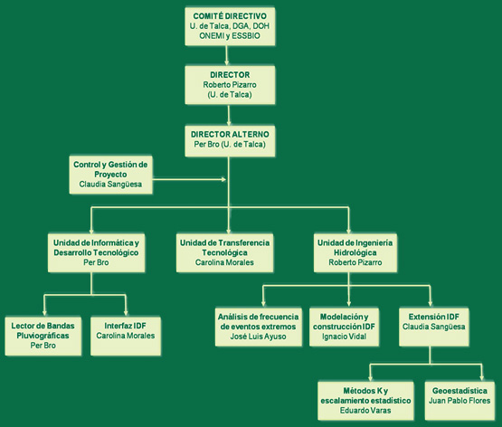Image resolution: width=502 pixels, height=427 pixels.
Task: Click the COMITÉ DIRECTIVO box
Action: pos(230,26)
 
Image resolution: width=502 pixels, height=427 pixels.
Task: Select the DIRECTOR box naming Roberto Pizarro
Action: pos(230,85)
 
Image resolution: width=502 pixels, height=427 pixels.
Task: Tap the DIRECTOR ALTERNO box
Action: pos(230,139)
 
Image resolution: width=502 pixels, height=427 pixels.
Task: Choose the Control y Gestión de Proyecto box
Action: pos(110,175)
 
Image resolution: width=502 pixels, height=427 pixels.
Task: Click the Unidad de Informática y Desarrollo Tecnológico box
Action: pos(96,252)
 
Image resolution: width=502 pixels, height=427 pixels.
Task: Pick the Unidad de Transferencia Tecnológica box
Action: pos(224,252)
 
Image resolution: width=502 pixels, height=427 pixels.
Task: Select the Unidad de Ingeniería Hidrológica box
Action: pos(355,252)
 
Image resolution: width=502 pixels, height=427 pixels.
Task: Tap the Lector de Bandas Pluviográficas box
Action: pos(43,336)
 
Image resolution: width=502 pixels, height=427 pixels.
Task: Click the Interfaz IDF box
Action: pos(126,336)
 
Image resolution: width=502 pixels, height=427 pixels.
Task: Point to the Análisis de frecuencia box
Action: pos(259,327)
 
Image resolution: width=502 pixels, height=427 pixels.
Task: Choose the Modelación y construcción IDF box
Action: pos(345,327)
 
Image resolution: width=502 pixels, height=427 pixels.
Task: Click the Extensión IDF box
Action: pos(434,327)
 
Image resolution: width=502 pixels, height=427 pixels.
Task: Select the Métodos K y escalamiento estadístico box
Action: pos(365,401)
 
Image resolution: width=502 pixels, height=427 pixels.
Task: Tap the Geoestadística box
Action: pos(459,401)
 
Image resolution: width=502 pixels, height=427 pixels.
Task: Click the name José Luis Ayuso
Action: pos(258,337)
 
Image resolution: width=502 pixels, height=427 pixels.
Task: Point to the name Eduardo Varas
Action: pos(365,411)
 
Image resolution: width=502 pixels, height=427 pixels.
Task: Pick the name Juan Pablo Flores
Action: pos(459,401)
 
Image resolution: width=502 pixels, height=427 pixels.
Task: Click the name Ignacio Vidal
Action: pos(345,337)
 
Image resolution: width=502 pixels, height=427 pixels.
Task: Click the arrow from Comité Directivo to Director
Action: pos(227,55)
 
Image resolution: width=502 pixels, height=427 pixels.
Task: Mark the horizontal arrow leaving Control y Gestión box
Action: pos(190,179)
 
